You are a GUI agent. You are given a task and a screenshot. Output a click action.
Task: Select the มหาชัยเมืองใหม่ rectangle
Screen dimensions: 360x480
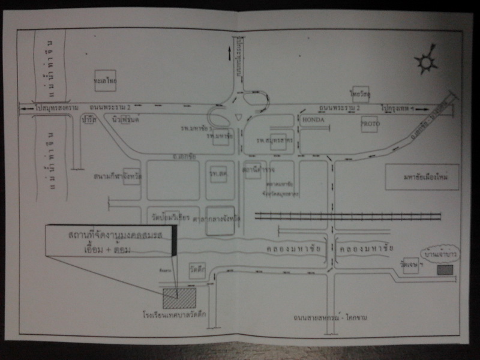[422, 177]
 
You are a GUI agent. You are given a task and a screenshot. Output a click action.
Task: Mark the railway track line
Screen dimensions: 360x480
[348, 216]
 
